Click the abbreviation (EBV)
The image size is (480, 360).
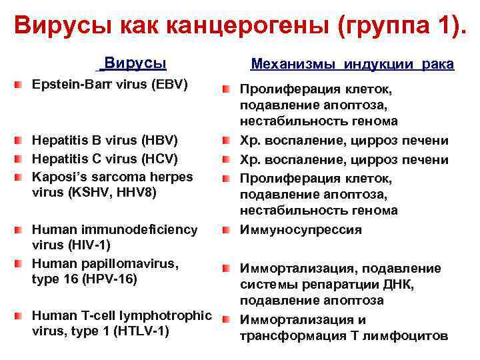tap(169, 85)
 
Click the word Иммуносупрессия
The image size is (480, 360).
tap(301, 230)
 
